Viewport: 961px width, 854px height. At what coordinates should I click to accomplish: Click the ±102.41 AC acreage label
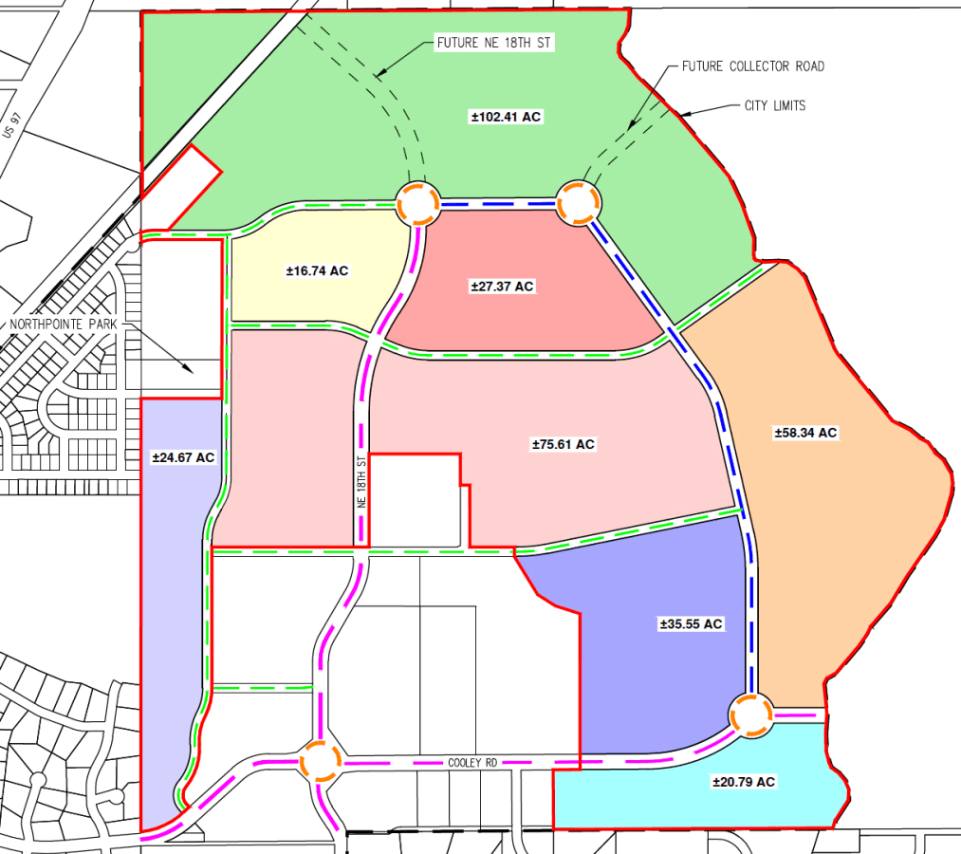[x=506, y=117]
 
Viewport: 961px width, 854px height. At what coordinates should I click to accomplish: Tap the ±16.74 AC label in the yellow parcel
[x=317, y=271]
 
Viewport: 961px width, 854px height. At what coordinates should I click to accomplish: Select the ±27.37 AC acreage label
[x=502, y=287]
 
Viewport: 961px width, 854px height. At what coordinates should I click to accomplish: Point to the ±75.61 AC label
[x=563, y=444]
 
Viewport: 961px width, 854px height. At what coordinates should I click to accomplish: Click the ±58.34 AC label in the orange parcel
[x=805, y=433]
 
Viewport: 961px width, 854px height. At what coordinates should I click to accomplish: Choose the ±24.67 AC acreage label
[x=183, y=457]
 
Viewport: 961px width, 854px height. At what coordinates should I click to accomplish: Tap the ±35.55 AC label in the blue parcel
[x=691, y=624]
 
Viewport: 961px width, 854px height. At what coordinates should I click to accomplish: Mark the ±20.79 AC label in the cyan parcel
[x=744, y=782]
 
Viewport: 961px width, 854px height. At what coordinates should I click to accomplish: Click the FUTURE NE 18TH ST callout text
[x=493, y=43]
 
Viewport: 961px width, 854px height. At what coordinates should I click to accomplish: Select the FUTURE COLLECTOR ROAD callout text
[x=753, y=66]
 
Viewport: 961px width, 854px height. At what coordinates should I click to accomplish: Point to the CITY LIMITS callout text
[x=774, y=105]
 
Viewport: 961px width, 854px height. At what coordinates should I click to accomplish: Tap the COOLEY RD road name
[x=472, y=762]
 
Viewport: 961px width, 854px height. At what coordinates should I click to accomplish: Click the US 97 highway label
[x=11, y=123]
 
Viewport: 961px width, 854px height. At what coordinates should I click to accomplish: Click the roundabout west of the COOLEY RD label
[x=319, y=761]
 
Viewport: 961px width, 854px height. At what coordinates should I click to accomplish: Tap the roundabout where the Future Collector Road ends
[x=578, y=202]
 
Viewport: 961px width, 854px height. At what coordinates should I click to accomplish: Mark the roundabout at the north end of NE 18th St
[x=417, y=202]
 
